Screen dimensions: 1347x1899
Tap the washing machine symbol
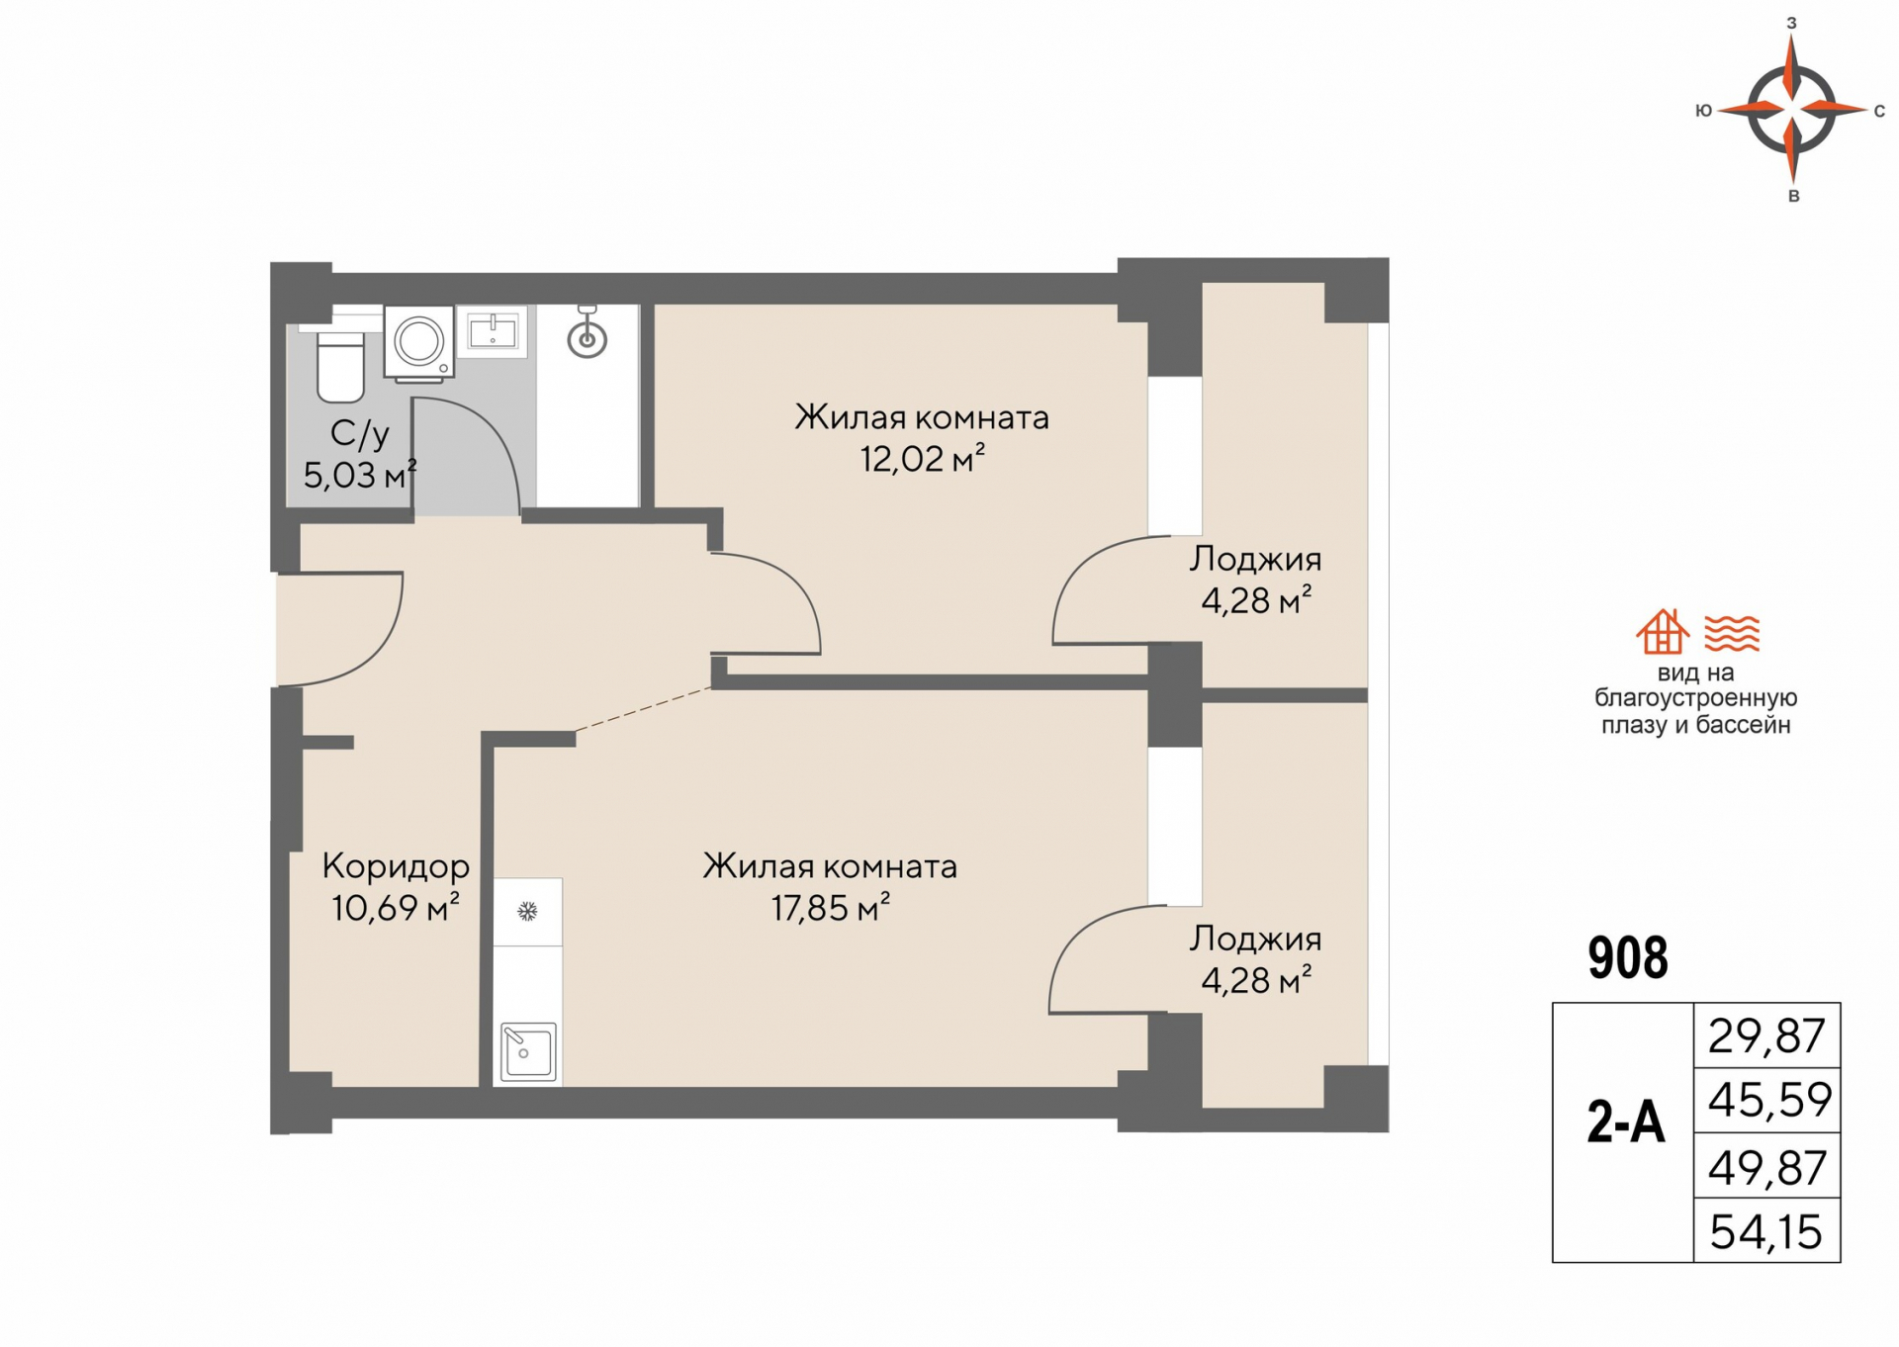pos(419,342)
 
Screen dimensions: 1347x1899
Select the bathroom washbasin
pos(492,331)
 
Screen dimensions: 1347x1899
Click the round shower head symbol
pos(587,339)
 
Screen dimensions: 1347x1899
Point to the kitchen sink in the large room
pos(528,1050)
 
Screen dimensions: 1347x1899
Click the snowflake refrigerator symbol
pos(527,911)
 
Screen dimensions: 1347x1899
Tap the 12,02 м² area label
pos(922,460)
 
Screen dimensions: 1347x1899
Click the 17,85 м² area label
pos(831,908)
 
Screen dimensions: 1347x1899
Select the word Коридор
pos(396,866)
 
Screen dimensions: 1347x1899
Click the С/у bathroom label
pos(359,433)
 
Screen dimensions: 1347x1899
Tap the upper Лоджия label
pos(1255,559)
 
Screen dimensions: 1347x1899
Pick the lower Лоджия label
pos(1255,939)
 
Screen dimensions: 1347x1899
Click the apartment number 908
pos(1627,957)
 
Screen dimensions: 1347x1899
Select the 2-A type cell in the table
pos(1625,1123)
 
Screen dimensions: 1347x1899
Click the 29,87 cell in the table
pos(1766,1035)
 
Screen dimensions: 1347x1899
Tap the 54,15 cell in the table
pos(1766,1231)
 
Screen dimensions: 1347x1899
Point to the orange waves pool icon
pos(1732,632)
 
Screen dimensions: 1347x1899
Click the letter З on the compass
pos(1791,22)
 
